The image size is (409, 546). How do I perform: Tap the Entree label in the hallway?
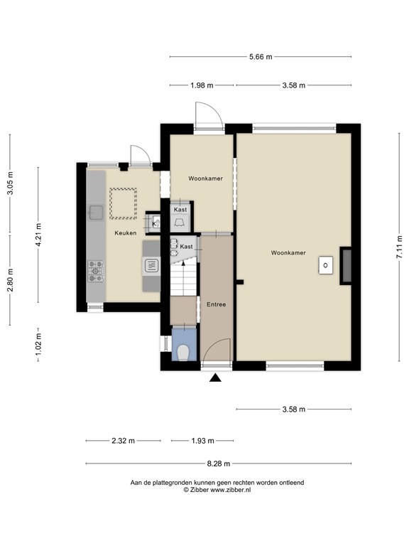click(216, 304)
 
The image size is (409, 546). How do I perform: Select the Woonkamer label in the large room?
click(293, 252)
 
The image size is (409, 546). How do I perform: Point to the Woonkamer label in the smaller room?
click(205, 178)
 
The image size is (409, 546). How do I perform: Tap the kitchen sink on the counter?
click(95, 211)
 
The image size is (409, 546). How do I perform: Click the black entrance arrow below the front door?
click(216, 379)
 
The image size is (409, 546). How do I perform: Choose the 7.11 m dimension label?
click(399, 248)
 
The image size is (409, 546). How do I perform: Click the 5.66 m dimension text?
click(260, 57)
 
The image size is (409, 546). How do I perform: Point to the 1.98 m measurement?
click(202, 85)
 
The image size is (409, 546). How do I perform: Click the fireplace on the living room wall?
click(346, 265)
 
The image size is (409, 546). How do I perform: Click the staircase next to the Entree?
click(183, 276)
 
